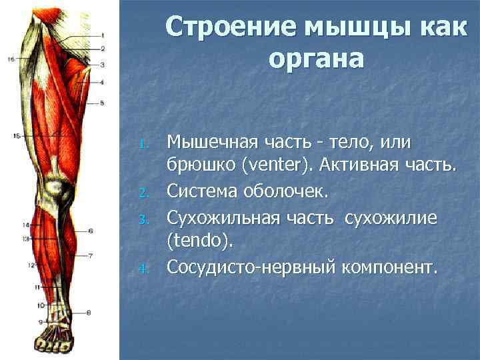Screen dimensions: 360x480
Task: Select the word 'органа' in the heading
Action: (x=317, y=59)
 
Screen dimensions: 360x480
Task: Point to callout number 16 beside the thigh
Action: (x=11, y=59)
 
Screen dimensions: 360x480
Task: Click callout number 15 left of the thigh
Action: (x=16, y=136)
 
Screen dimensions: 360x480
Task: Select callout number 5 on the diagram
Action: (x=102, y=103)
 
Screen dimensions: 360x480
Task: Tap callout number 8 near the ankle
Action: (x=89, y=312)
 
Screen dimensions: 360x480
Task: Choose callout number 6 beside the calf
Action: (x=90, y=231)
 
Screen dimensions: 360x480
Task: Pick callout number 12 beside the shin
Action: (x=31, y=265)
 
